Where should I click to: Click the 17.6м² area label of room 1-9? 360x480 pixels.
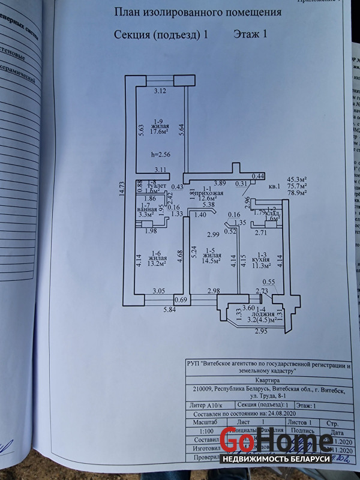click(x=160, y=134)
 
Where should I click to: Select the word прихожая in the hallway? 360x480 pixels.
click(x=211, y=193)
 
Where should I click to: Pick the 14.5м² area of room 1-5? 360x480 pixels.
click(x=211, y=261)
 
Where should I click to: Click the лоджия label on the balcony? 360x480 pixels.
click(x=261, y=313)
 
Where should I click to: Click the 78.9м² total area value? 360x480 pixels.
click(x=298, y=193)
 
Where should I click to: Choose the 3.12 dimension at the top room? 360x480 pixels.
click(x=160, y=91)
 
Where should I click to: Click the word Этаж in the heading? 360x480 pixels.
click(x=244, y=34)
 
